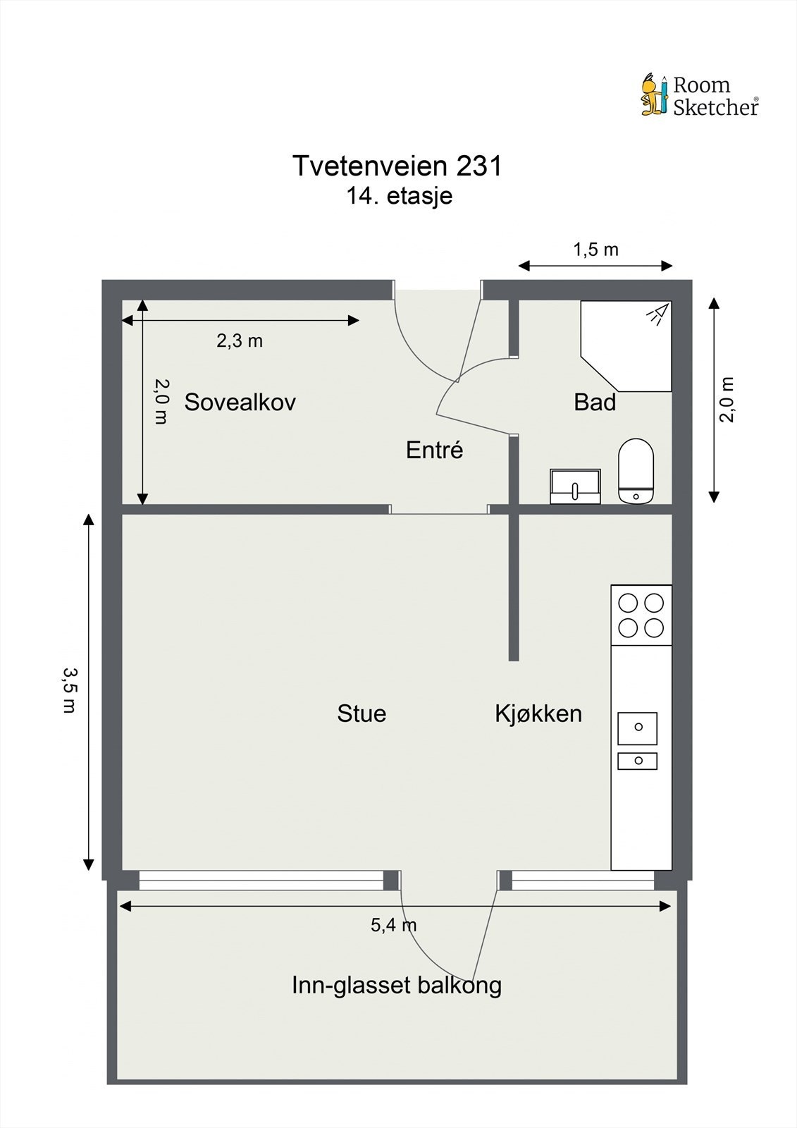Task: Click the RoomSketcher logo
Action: point(700,95)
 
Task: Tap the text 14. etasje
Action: point(399,196)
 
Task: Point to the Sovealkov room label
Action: point(240,402)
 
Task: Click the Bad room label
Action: point(595,402)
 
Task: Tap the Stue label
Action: point(362,713)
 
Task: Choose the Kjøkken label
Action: point(538,713)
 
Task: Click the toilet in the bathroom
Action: point(636,470)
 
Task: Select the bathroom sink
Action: point(576,486)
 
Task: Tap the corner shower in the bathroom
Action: point(626,346)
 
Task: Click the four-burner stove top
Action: point(641,615)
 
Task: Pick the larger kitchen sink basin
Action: point(638,728)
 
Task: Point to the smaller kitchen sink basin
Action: point(638,761)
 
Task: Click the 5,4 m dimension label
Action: point(394,924)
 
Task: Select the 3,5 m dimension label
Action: point(70,690)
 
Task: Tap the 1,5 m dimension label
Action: point(595,250)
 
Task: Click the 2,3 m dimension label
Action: point(240,341)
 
